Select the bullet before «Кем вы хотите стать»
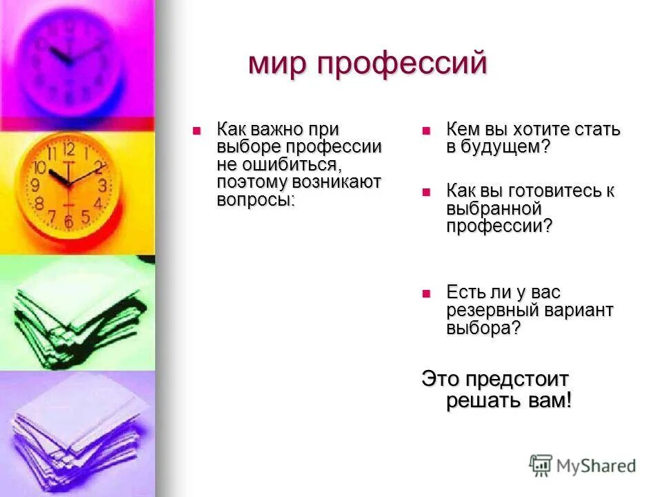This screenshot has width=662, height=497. pyautogui.click(x=425, y=130)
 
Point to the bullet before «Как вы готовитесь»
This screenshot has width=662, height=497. pyautogui.click(x=425, y=191)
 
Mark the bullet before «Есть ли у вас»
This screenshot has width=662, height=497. pyautogui.click(x=425, y=293)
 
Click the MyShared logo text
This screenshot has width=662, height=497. pyautogui.click(x=596, y=466)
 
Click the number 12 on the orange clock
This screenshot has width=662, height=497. pyautogui.click(x=69, y=148)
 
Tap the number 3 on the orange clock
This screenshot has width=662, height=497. pyautogui.click(x=102, y=185)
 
